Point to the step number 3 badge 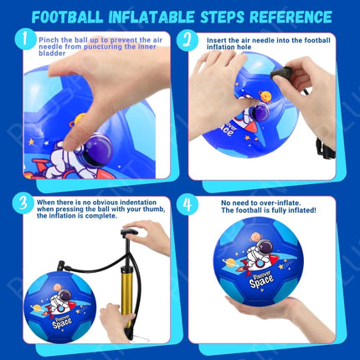[x=27, y=203]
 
